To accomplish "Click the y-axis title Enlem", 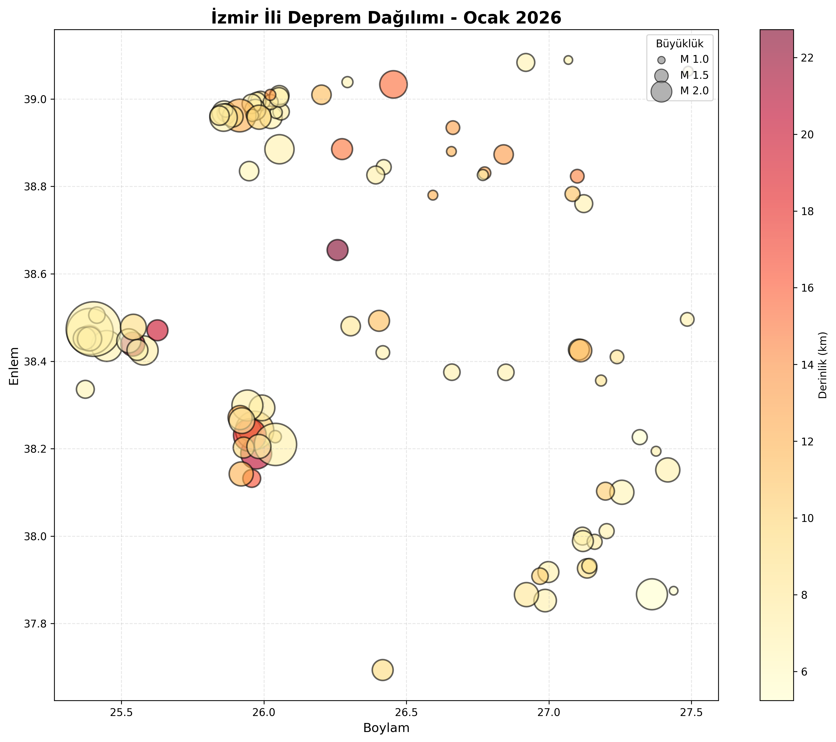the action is point(14,366).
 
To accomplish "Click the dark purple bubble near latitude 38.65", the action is point(337,250).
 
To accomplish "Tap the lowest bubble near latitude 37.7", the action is point(382,670).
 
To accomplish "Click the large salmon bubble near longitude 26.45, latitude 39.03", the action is point(393,85).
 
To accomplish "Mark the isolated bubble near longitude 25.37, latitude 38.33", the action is point(85,389).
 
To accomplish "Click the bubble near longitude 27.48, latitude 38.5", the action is point(687,319).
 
